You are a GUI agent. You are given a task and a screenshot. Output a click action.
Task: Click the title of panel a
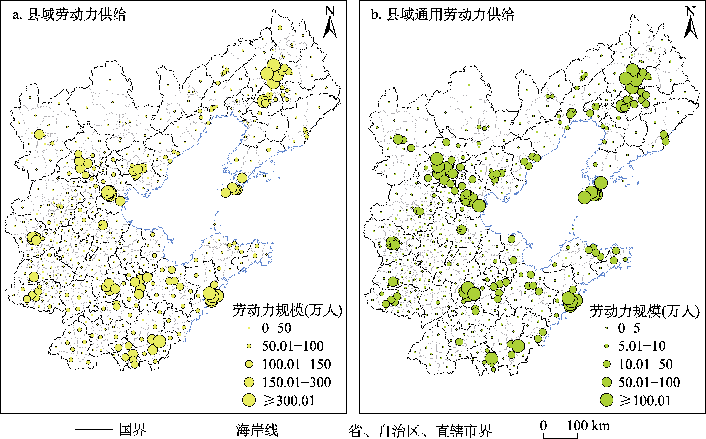69,14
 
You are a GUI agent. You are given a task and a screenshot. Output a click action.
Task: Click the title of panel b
443,14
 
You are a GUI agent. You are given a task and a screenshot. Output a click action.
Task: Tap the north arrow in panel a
330,22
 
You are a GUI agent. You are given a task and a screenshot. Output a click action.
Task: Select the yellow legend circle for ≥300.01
249,400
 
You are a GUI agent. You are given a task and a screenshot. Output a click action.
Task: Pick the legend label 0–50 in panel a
276,328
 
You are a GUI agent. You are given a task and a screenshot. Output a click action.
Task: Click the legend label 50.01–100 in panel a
293,346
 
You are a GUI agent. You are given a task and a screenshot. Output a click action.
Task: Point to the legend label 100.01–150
296,364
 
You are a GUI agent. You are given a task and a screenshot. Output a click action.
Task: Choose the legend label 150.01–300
296,382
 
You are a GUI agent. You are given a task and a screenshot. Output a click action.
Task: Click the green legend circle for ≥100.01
606,400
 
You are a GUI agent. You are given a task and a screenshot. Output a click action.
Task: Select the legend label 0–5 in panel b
629,328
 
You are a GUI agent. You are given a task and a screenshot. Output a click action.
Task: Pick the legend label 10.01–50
645,364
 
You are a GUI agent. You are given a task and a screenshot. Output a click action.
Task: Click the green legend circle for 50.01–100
606,382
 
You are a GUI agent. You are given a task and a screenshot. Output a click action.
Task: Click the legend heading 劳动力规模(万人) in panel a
287,310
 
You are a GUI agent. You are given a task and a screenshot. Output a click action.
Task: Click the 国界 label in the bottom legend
133,429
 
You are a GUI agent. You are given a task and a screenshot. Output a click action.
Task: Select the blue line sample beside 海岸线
212,430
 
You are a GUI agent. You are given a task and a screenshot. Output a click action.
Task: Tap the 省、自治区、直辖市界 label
420,431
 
